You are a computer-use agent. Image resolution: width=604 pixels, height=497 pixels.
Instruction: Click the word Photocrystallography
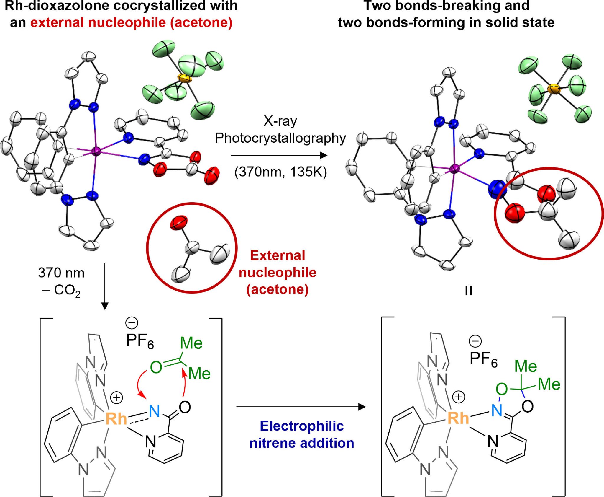280,138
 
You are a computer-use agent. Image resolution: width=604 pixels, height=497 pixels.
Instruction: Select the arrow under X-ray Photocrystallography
279,155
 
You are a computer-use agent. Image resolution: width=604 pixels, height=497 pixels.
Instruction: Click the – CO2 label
61,291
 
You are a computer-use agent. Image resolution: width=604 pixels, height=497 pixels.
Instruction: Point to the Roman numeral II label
468,291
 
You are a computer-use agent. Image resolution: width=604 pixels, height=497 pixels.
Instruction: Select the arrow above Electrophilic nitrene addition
301,407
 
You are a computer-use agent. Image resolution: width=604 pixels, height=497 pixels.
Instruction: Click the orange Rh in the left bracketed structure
116,419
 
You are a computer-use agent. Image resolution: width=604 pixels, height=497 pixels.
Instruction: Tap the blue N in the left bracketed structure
154,411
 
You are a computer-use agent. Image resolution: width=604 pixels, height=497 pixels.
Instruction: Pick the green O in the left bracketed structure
156,367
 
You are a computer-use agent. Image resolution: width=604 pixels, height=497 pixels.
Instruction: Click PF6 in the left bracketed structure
140,341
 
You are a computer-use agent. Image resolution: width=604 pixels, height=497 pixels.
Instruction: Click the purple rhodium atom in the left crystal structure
96,151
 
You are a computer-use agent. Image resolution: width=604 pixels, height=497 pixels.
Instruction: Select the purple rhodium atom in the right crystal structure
454,169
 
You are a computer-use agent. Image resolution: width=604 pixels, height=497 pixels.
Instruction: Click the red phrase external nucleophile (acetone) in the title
131,22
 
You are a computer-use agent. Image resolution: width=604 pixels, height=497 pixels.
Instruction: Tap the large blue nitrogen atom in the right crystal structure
497,189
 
